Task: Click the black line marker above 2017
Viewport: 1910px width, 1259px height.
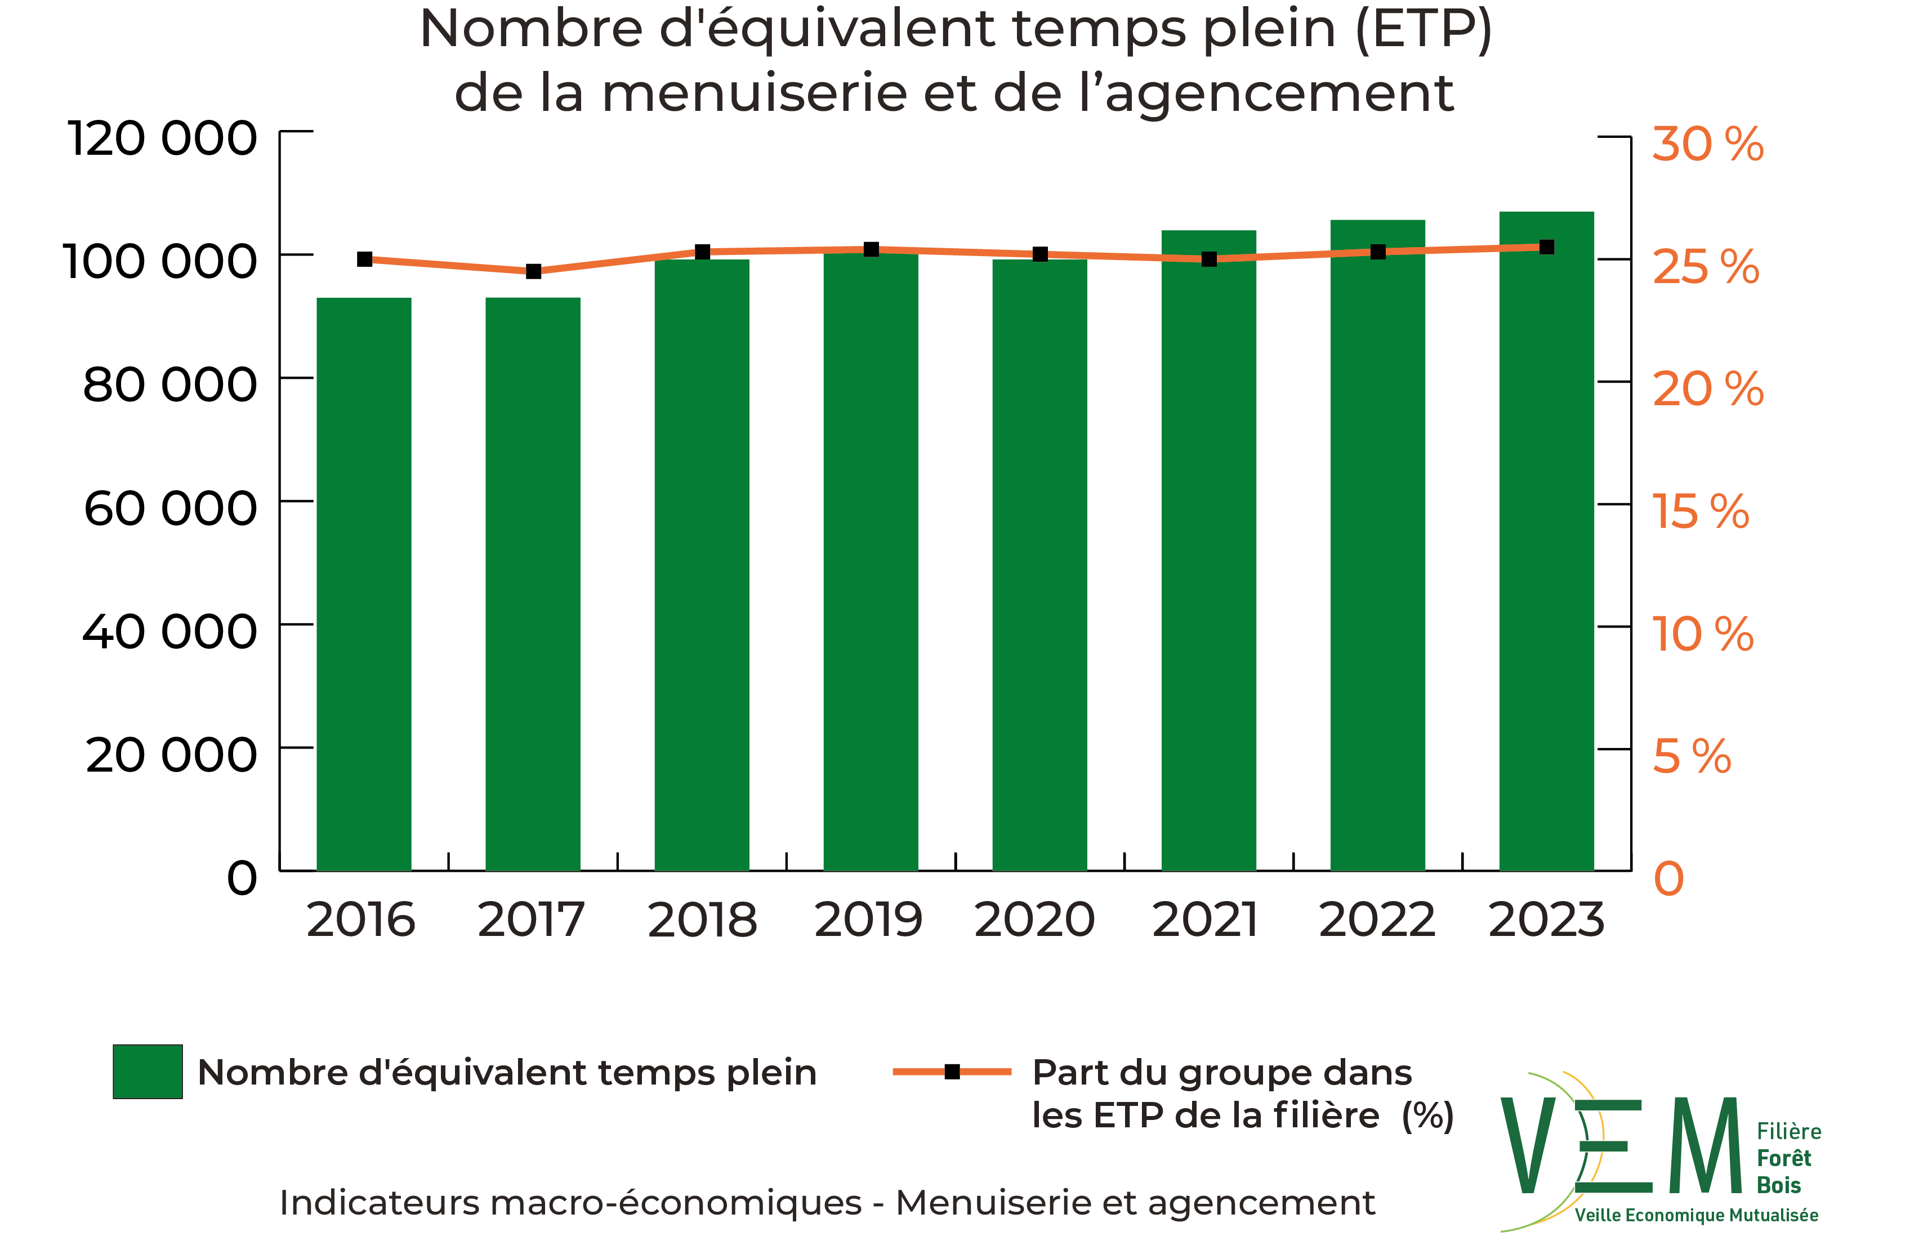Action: click(x=533, y=271)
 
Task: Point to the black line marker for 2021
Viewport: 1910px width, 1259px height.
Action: click(x=1209, y=259)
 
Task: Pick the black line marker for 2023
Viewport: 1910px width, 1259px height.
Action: click(x=1546, y=247)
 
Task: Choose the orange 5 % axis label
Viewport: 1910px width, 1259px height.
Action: click(x=1692, y=757)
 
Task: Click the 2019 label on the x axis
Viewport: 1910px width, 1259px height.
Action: click(x=869, y=920)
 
